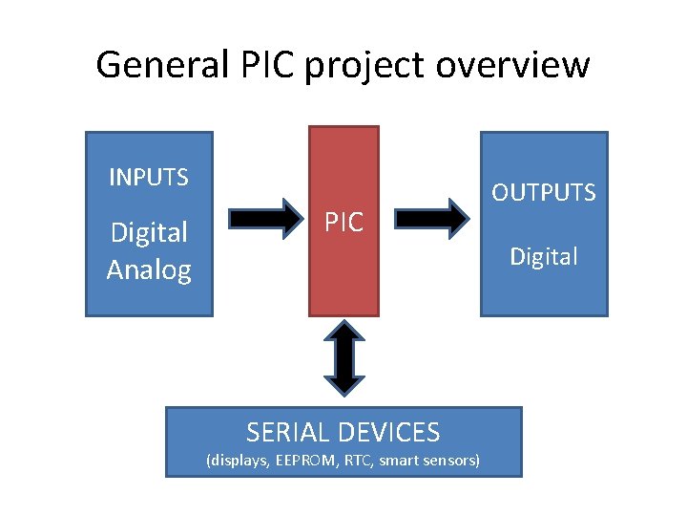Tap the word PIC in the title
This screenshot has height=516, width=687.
coord(260,65)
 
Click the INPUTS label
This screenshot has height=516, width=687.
coord(148,177)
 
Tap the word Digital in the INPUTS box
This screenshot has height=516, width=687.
coord(148,232)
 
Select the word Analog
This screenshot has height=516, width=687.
coord(148,269)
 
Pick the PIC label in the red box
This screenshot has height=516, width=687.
coord(343,223)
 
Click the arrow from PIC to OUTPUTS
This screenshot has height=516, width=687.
coord(431,218)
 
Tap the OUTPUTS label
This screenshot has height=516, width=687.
coord(543,192)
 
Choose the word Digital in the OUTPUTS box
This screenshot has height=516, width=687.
coord(543,256)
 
